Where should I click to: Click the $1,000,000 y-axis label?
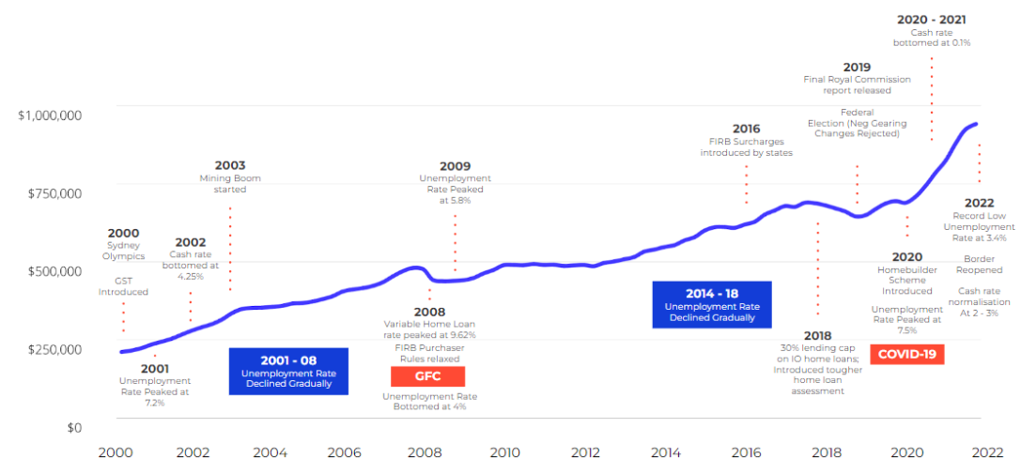pos(50,115)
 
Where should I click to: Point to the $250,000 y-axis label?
pos(54,349)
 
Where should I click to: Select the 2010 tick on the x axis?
pos(505,452)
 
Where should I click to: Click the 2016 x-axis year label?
pos(747,452)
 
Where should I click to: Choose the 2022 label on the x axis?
pos(986,452)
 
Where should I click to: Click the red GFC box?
pos(427,376)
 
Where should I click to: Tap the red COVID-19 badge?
pos(906,354)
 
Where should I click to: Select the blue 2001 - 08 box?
pos(288,369)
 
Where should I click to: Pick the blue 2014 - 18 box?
pos(711,304)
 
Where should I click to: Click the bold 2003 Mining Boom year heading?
pos(229,165)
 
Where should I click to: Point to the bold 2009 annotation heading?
pos(455,165)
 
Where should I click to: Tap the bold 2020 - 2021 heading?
pos(931,19)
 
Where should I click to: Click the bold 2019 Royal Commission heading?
pos(856,67)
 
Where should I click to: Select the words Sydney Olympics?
pos(124,251)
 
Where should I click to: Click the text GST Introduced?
pos(123,285)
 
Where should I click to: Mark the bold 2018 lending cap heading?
pos(817,335)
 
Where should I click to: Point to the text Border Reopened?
pos(978,264)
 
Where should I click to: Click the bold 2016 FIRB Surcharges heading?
pos(746,129)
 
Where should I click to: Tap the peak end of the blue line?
pos(976,124)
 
